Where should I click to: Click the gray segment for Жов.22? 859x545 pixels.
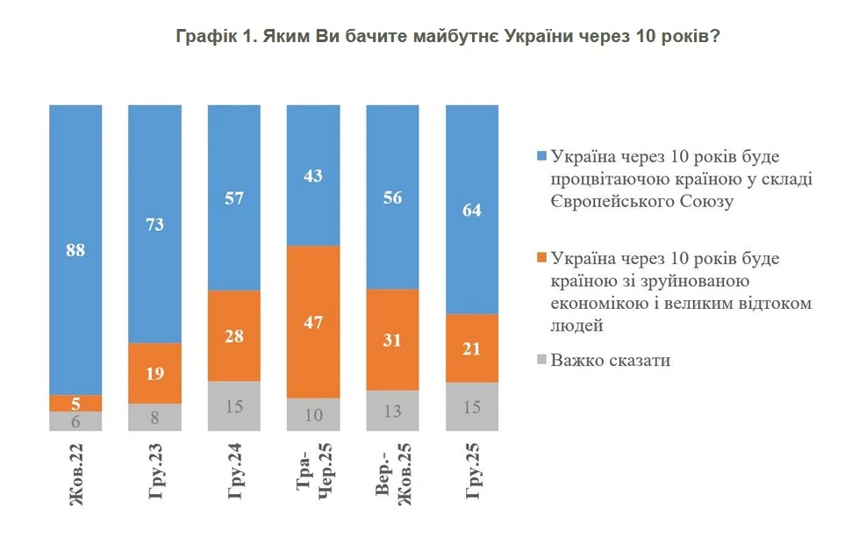point(75,421)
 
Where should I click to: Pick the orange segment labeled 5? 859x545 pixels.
point(75,403)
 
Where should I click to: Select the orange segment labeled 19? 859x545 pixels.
point(154,373)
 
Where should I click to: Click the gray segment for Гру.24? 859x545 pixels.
point(233,406)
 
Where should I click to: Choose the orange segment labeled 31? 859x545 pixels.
point(392,340)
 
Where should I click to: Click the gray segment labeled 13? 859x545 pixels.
point(392,411)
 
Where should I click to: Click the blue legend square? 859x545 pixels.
point(541,157)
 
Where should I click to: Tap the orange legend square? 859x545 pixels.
point(541,259)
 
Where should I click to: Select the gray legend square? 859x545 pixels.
point(541,361)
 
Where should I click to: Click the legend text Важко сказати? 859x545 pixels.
point(610,361)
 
